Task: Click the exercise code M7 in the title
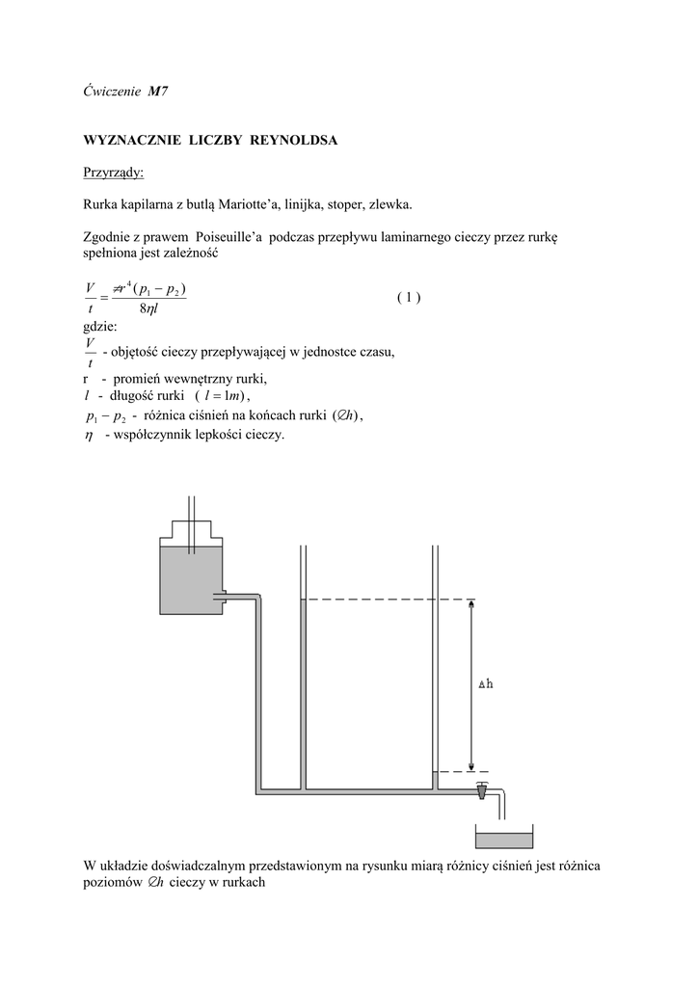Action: [x=159, y=92]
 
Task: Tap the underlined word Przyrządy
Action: [x=114, y=173]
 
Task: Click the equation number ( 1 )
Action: [x=408, y=297]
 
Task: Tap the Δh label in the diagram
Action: [x=487, y=685]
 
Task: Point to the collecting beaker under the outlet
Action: [x=505, y=840]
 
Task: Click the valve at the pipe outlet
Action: [x=481, y=791]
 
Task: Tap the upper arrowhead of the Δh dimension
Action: [x=470, y=606]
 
